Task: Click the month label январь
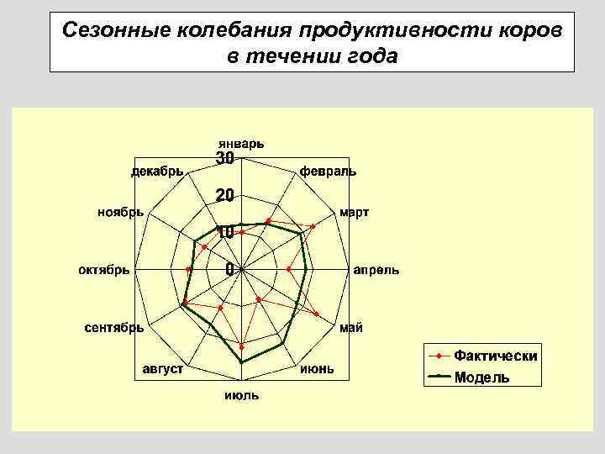(241, 143)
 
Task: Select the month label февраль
(328, 172)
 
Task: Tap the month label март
(354, 212)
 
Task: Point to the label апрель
(376, 271)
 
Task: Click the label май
(351, 328)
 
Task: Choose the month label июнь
(317, 368)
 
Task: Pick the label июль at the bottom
(241, 395)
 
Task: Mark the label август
(163, 369)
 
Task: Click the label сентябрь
(114, 328)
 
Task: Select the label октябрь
(103, 270)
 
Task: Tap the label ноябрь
(120, 212)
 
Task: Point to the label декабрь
(156, 172)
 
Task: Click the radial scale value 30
(225, 158)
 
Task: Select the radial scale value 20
(224, 195)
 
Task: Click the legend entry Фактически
(496, 356)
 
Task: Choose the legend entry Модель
(481, 377)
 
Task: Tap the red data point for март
(313, 227)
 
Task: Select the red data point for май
(317, 314)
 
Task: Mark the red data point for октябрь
(188, 269)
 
